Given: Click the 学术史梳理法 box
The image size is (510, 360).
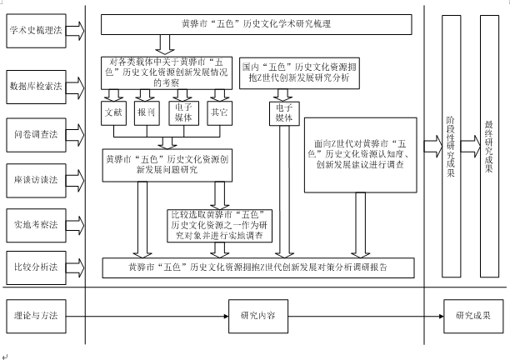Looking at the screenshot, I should (x=35, y=31).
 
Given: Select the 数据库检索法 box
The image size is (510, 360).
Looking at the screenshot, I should (x=35, y=87).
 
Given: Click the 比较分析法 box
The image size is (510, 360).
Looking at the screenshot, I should (x=35, y=267).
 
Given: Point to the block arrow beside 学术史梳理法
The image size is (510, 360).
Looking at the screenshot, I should (x=75, y=31).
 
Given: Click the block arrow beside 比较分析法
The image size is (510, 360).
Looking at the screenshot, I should (x=75, y=267).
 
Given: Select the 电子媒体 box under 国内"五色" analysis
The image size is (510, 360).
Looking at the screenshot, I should (x=283, y=112).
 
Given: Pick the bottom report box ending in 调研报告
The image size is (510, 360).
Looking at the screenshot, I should (x=258, y=267).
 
